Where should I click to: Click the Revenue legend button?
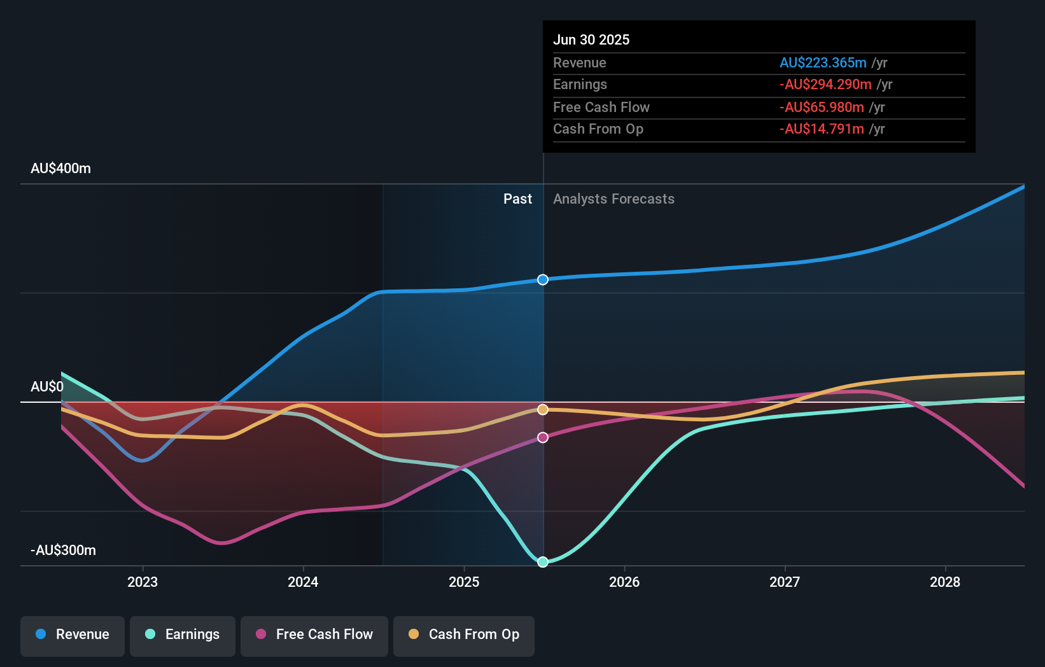(x=73, y=635)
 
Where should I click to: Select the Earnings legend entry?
(x=183, y=635)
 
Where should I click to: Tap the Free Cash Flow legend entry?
(x=314, y=635)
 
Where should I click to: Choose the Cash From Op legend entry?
(x=464, y=635)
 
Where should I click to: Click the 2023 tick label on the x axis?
(x=143, y=582)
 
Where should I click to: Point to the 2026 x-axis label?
(x=624, y=582)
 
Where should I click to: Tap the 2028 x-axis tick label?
(x=945, y=582)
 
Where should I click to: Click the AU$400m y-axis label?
(x=60, y=169)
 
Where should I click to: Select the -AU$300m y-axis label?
(x=63, y=551)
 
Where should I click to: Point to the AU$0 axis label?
(x=47, y=387)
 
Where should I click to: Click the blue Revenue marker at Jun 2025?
(x=543, y=279)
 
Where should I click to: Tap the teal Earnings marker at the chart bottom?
(x=543, y=562)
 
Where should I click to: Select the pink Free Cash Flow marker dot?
(x=543, y=437)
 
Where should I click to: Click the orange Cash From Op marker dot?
(x=543, y=410)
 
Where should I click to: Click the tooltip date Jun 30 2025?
(x=591, y=39)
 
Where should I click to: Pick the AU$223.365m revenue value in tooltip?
(x=823, y=62)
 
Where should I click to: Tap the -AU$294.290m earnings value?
(x=825, y=85)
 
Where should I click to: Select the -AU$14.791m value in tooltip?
(x=822, y=129)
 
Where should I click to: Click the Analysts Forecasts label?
(x=614, y=199)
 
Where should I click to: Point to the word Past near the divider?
(x=517, y=199)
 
